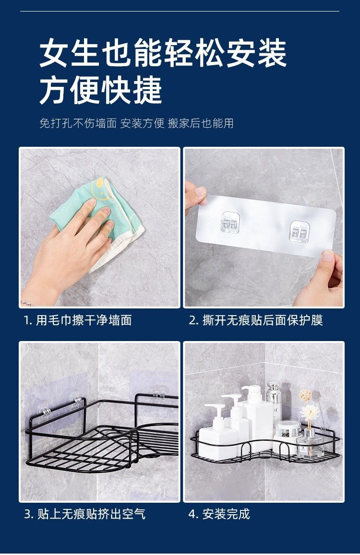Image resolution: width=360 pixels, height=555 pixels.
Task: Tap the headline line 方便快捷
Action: pos(101,90)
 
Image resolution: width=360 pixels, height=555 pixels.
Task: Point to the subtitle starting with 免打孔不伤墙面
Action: pos(136,123)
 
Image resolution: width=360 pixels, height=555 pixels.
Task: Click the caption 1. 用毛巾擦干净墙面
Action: pos(78,320)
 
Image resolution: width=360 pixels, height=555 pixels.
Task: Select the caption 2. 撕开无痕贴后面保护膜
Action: pos(256,320)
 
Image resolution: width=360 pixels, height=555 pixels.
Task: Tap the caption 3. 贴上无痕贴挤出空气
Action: pos(85,514)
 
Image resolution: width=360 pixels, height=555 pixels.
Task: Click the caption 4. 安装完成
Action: pos(219,514)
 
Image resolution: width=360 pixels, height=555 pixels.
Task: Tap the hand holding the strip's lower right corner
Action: pos(323,278)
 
